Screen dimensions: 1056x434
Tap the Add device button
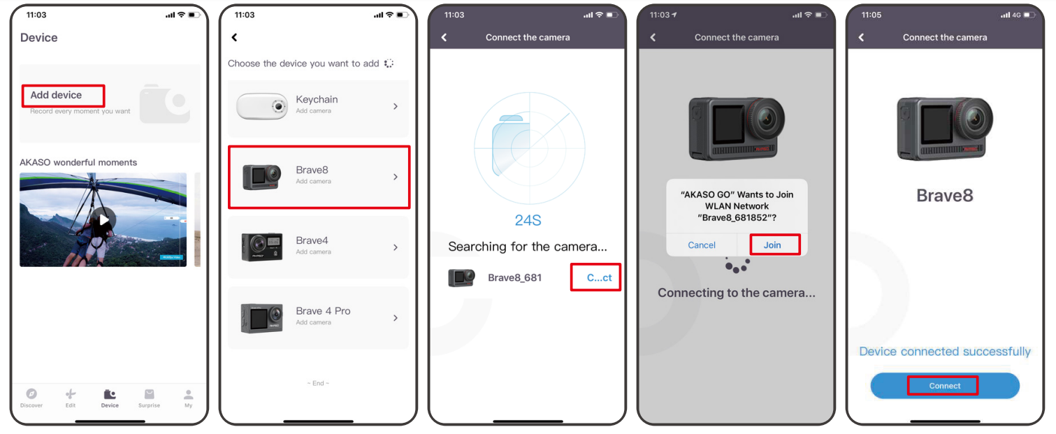[56, 95]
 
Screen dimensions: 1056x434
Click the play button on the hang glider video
[103, 219]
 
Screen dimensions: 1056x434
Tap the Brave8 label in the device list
[312, 170]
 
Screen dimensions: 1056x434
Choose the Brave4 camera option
[318, 247]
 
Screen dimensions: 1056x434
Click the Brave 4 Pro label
[323, 311]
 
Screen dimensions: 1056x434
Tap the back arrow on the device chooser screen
[234, 37]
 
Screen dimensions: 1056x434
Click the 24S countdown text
[528, 220]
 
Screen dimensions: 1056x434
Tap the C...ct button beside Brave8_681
[599, 277]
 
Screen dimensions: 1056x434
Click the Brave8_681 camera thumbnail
[461, 277]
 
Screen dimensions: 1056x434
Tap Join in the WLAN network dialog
[772, 245]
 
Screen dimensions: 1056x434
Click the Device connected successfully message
[945, 352]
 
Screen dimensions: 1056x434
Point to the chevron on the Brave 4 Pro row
[396, 318]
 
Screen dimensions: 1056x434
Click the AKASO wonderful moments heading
[78, 163]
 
